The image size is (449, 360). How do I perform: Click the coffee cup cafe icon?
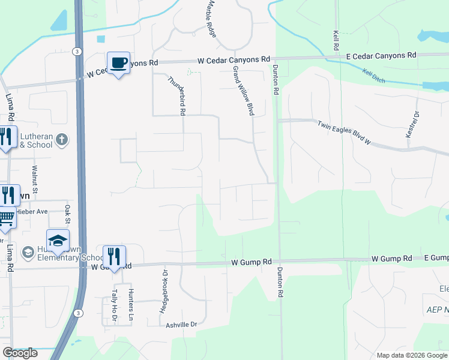tap(119, 62)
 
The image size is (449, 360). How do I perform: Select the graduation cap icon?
tap(58, 241)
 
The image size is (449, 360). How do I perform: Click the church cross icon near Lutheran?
tap(61, 140)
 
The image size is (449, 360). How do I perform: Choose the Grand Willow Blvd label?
tap(243, 90)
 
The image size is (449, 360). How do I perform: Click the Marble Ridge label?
tap(211, 19)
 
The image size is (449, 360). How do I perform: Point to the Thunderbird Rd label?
tap(176, 95)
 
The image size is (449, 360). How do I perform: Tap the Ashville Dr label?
tap(181, 325)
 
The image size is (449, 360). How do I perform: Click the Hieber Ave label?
tap(33, 211)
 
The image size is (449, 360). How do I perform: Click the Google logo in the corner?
tap(20, 353)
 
